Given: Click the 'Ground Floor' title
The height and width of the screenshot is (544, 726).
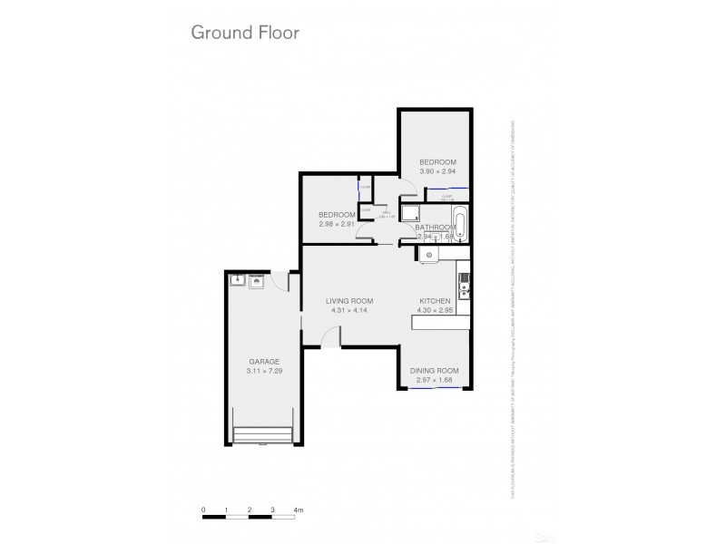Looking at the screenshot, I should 244,33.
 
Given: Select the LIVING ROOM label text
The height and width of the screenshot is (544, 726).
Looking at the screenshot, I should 350,301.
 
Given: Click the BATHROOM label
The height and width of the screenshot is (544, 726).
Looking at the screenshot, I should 436,228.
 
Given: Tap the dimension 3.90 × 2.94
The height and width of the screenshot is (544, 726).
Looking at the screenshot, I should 437,171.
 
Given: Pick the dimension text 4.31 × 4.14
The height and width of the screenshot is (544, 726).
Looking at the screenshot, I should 350,311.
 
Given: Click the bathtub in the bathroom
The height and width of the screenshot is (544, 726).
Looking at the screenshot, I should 460,223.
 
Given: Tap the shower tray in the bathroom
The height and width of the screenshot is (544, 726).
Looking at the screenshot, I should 410,215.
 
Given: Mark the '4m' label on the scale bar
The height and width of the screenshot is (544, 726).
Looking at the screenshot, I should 299,510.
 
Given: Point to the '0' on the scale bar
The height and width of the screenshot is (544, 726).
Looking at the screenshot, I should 204,510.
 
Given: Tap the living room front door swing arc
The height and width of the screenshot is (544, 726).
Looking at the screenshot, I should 331,337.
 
